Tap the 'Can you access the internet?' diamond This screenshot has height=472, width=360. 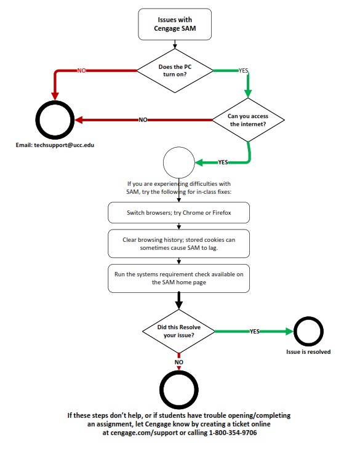[249, 119]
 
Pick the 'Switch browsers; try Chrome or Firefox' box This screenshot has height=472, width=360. [179, 214]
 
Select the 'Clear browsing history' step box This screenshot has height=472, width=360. [179, 243]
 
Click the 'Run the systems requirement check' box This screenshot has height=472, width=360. [179, 278]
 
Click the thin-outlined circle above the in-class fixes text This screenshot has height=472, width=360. [178, 164]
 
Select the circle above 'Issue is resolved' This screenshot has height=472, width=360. [308, 331]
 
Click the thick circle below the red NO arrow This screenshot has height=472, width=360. [180, 389]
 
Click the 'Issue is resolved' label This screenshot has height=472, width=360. [308, 352]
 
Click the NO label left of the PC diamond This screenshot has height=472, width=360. [81, 70]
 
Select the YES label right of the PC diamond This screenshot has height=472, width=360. [243, 71]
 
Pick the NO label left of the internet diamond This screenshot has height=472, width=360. [142, 119]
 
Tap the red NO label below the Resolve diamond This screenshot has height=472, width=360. [179, 362]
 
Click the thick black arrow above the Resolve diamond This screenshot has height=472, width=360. [179, 300]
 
